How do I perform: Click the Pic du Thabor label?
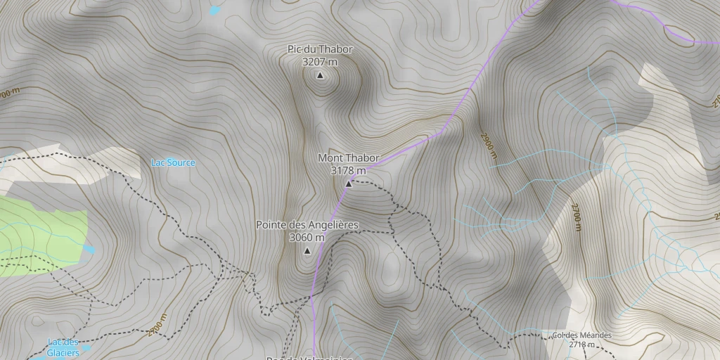[x=320, y=49]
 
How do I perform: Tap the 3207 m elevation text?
[x=320, y=62]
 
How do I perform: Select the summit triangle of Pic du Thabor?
[x=320, y=75]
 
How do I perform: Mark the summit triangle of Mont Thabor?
[x=348, y=184]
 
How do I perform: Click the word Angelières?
[x=332, y=225]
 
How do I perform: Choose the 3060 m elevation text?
[x=307, y=238]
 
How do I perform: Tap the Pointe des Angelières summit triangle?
[x=307, y=250]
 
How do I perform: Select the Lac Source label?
[x=173, y=163]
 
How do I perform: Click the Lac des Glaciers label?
[x=63, y=347]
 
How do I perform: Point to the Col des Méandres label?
[x=581, y=335]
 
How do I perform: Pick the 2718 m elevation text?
[x=581, y=345]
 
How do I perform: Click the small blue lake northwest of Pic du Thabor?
[x=214, y=11]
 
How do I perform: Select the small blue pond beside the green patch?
[x=89, y=249]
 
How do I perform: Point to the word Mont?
[x=330, y=158]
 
